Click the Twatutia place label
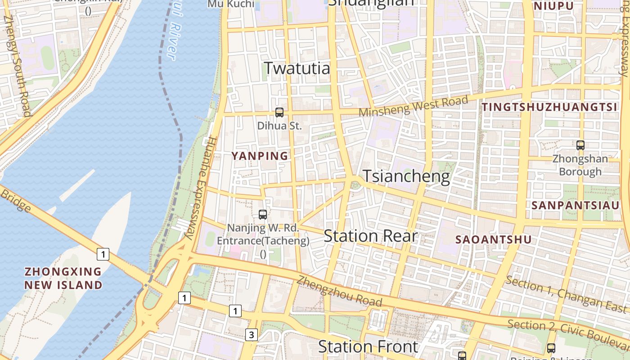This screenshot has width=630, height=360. click(x=297, y=68)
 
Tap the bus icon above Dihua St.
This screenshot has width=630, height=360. click(x=279, y=112)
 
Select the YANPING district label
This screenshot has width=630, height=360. click(x=260, y=156)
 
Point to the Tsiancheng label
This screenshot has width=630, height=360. click(x=406, y=176)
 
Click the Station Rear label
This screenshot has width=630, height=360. click(x=370, y=236)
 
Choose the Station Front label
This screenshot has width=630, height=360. click(x=368, y=346)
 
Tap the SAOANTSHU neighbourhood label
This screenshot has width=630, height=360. click(x=493, y=239)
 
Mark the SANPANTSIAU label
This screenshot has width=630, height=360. click(x=575, y=205)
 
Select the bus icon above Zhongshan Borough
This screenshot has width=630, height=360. click(x=580, y=145)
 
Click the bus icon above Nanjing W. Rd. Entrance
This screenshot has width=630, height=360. click(x=263, y=215)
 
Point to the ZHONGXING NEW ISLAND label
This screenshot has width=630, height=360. click(x=63, y=278)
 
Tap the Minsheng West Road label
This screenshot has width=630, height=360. click(x=413, y=106)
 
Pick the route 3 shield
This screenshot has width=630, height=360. click(x=252, y=335)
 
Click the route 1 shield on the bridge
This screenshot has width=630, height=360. click(x=103, y=254)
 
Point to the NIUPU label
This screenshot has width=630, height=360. click(x=553, y=6)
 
